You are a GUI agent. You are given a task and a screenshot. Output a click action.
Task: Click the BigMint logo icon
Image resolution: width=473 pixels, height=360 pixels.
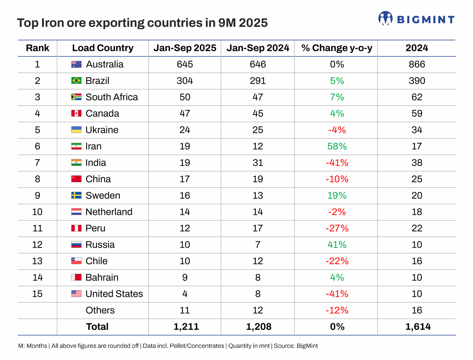tap(385, 18)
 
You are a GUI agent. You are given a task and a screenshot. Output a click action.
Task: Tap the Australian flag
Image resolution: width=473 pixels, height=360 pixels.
tap(76, 64)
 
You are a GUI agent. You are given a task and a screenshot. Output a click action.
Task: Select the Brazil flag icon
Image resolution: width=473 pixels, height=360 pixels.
tap(76, 81)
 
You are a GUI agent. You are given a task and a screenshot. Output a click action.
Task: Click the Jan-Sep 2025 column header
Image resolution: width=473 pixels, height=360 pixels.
tap(185, 48)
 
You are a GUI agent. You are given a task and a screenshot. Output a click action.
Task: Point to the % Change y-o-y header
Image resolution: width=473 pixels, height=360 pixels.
tap(336, 48)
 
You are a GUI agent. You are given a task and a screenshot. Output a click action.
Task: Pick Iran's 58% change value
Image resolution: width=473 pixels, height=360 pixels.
tap(336, 146)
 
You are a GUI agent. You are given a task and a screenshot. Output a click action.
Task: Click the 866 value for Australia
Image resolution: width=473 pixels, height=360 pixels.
tap(417, 64)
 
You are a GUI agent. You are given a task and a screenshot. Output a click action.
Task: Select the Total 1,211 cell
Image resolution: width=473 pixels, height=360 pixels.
tap(185, 326)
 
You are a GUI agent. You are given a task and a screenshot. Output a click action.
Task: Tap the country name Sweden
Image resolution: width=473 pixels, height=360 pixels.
tap(103, 196)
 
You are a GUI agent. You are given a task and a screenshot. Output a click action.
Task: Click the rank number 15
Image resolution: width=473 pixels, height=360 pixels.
tap(37, 294)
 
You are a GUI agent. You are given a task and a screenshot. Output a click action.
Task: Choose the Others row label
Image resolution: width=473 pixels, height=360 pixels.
tap(100, 310)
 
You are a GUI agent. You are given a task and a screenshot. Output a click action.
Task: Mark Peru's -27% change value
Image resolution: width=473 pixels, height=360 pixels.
tap(336, 228)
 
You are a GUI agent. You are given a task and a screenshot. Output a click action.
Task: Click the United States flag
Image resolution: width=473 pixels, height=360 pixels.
tap(76, 294)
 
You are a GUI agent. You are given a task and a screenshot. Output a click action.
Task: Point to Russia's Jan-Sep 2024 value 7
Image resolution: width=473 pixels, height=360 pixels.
tap(257, 244)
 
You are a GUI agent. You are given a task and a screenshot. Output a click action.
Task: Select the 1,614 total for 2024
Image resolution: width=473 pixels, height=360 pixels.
tap(417, 326)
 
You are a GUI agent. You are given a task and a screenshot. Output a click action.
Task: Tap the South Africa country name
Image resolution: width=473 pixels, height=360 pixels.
tap(112, 97)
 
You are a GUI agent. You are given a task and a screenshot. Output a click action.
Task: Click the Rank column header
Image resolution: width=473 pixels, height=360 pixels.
tap(37, 48)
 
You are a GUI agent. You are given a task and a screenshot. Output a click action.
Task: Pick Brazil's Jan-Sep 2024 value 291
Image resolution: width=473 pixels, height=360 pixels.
tap(257, 81)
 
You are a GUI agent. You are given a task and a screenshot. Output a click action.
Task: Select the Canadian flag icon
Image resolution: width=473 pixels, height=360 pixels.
tap(76, 114)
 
